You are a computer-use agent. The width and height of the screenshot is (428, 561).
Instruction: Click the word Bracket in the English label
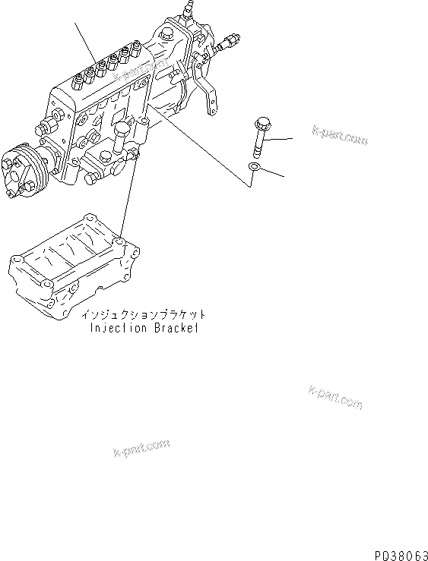coord(176,329)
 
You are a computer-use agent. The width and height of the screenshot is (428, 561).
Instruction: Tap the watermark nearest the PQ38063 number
coord(335,396)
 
